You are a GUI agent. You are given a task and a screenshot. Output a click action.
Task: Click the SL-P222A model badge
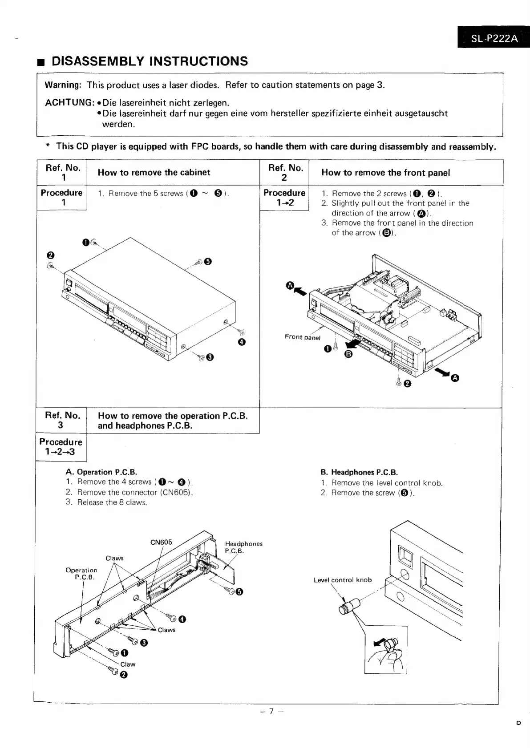[494, 38]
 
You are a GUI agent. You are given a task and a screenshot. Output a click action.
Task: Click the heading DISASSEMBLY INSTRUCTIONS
[150, 61]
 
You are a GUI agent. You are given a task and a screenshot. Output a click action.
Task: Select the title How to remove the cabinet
[154, 173]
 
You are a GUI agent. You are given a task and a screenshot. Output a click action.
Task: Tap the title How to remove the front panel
[385, 173]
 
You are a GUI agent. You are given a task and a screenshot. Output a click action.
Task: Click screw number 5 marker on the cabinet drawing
[207, 261]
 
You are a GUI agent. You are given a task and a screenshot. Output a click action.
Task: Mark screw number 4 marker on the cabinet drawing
[242, 342]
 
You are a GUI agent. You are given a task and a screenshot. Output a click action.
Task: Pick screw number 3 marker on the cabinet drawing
[210, 357]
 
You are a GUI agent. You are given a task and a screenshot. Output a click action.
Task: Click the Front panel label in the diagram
[302, 337]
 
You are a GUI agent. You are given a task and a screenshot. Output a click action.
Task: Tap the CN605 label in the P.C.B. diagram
[161, 542]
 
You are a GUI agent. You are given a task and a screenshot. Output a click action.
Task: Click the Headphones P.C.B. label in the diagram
[243, 547]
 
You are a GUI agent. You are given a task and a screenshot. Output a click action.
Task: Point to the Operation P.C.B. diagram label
[81, 574]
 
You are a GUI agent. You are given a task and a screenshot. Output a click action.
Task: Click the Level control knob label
[342, 580]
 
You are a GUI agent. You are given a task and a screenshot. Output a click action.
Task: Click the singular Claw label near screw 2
[128, 664]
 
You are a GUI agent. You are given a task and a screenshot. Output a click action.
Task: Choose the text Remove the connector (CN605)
[134, 492]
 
